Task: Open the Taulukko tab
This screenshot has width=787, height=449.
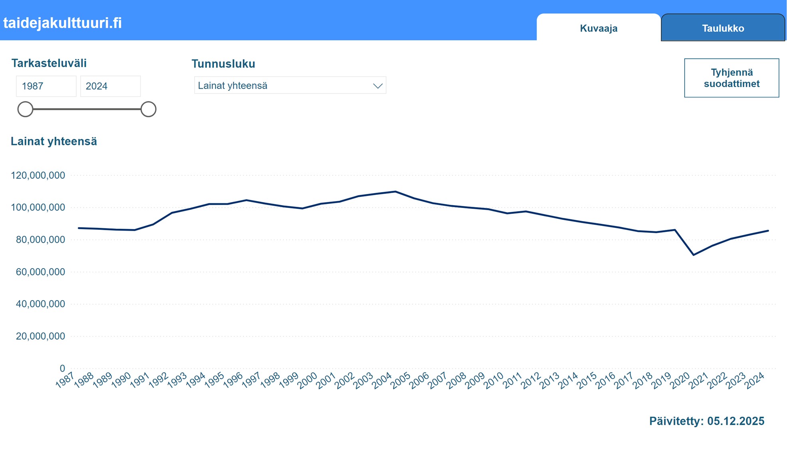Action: pos(723,28)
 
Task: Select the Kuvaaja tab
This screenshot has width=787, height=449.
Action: pos(598,28)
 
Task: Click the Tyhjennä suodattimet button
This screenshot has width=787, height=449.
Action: pos(731,78)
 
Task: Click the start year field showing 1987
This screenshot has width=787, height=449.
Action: pos(46,86)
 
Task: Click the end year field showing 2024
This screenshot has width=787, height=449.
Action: pos(110,86)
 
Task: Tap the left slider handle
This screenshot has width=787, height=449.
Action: pos(25,109)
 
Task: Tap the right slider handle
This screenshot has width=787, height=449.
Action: pos(148,109)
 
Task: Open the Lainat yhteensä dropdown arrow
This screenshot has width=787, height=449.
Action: pos(377,86)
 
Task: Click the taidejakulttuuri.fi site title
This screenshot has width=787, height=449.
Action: pos(63,23)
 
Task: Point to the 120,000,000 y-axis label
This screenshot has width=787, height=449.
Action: pos(38,175)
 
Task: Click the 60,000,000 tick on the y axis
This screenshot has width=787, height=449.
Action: pos(40,272)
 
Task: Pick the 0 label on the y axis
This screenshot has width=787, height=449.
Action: pos(62,368)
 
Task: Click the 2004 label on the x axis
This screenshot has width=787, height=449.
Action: pos(382,380)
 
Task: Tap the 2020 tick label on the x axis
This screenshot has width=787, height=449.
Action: pos(680,380)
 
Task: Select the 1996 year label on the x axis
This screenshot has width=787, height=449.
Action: pos(233,380)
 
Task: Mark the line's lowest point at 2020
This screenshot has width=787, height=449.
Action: pos(694,255)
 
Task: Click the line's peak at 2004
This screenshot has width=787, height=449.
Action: pos(395,192)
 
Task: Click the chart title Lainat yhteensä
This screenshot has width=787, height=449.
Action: pos(54,141)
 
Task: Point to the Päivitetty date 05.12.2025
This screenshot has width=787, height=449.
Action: pos(735,421)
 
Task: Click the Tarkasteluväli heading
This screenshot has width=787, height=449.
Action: pos(49,63)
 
